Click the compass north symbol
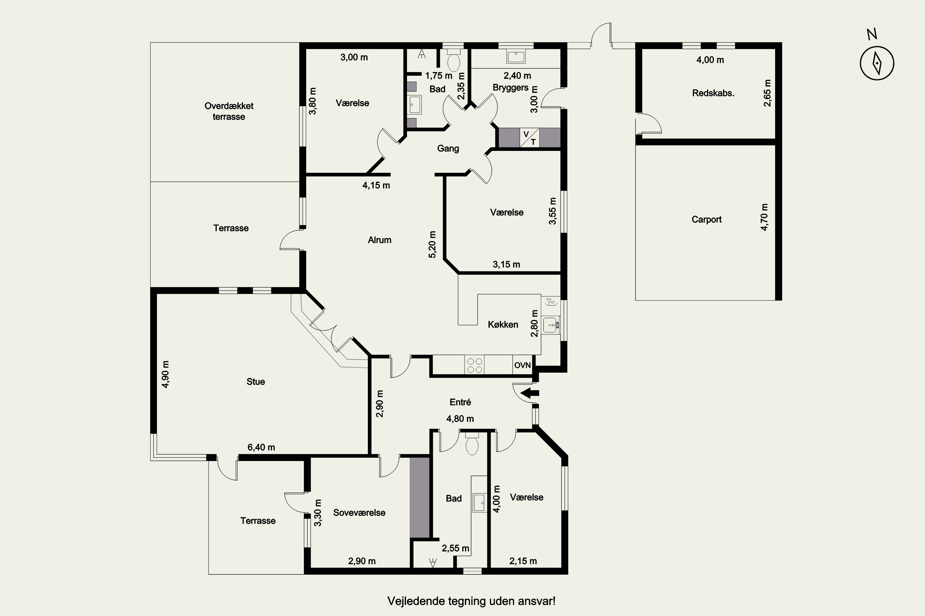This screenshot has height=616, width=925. coord(877,63)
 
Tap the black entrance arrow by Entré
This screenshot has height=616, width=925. coord(530,392)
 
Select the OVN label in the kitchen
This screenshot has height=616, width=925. coord(522,365)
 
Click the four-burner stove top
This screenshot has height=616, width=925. coord(474,365)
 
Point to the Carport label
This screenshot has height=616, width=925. coord(706,219)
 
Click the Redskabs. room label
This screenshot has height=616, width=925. coord(713,93)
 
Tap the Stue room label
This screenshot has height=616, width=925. coord(256,382)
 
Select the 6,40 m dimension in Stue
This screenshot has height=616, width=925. coord(261,447)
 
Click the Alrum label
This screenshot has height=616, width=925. coord(380,240)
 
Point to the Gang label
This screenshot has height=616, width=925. coord(448,148)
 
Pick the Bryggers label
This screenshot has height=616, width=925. coord(511,87)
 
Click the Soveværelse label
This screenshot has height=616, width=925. coord(359,512)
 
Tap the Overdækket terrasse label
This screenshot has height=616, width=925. coord(229,111)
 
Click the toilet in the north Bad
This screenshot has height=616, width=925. coord(454,59)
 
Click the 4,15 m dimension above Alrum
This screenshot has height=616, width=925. coord(376,185)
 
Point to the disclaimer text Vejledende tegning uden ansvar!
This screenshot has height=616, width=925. coord(471,601)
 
